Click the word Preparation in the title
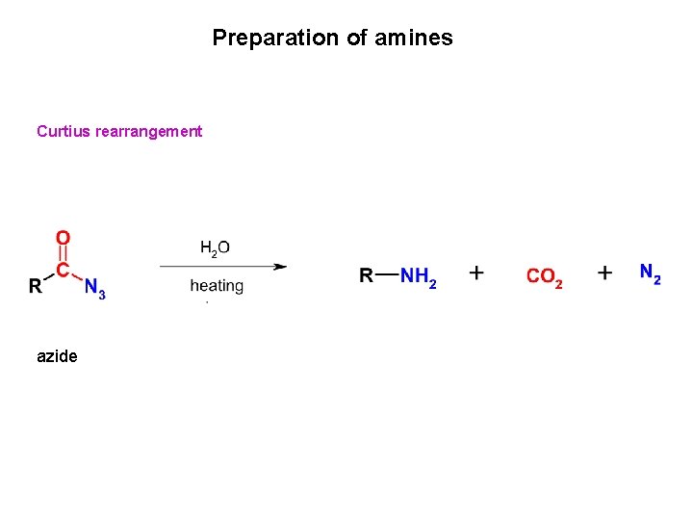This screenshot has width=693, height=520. [x=262, y=39]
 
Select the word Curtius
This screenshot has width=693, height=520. [x=63, y=131]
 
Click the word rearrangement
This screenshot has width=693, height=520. [x=149, y=131]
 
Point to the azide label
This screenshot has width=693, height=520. [x=57, y=356]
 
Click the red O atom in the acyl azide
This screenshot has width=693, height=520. [x=63, y=237]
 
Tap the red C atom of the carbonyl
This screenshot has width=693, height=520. [x=63, y=271]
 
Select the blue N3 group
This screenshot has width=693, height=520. [x=94, y=287]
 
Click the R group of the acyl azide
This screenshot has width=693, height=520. [x=36, y=286]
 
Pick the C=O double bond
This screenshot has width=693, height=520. [x=63, y=253]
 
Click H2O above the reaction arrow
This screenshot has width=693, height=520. [x=215, y=248]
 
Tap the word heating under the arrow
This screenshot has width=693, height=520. [x=217, y=286]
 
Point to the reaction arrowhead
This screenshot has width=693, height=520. [x=280, y=267]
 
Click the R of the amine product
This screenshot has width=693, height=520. [x=366, y=276]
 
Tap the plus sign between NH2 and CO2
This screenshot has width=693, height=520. [x=476, y=273]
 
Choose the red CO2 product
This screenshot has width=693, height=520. [x=544, y=277]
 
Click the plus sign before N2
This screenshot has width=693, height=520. [x=604, y=273]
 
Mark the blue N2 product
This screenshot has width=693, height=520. [x=651, y=273]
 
